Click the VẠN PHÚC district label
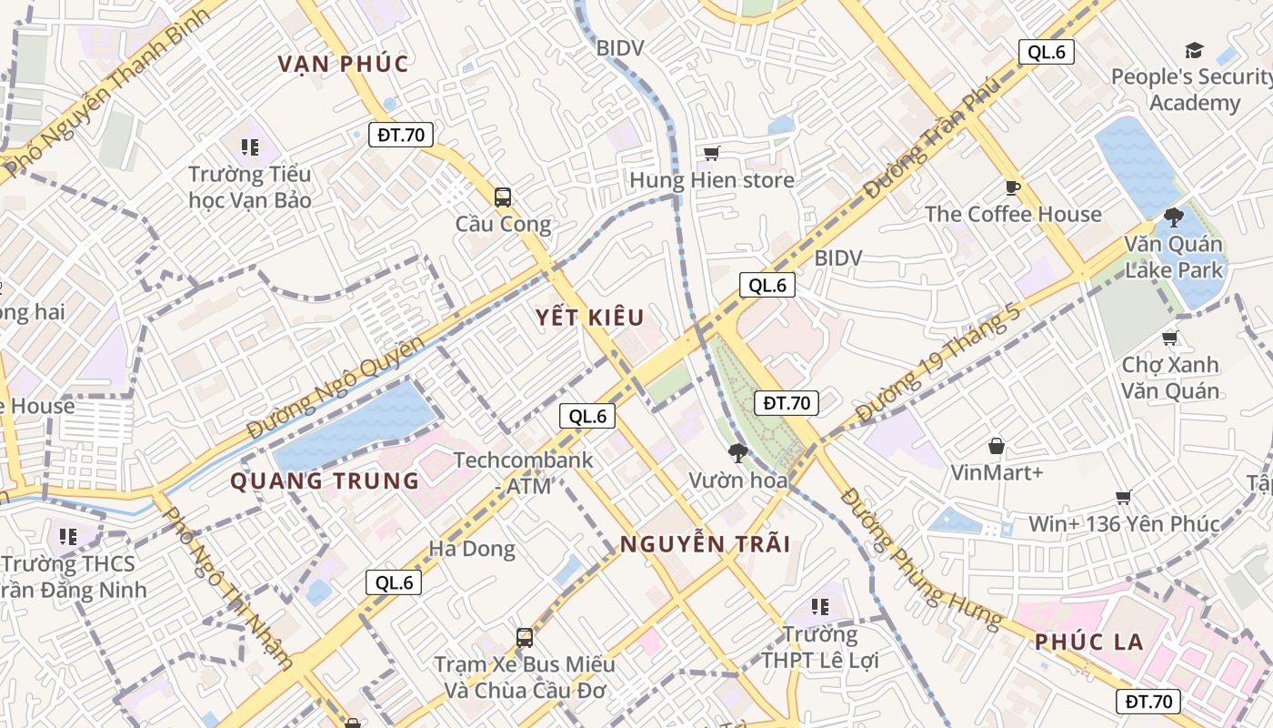344,64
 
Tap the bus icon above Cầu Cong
502,197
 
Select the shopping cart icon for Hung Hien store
712,153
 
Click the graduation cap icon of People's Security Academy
1193,50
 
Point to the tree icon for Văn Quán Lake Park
1174,217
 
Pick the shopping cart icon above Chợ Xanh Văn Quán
1170,338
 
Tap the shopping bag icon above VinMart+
997,446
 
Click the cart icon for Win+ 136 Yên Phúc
1124,497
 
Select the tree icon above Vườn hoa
737,452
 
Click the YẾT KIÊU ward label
589,318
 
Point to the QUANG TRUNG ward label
325,480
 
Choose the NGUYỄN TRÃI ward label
705,544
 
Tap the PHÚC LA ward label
1089,642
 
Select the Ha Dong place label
471,549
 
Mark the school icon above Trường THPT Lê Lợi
820,606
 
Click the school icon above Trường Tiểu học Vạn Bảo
250,147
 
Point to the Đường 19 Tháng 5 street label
938,361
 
